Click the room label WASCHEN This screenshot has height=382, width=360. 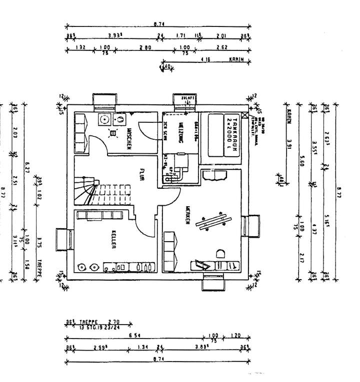point(129,139)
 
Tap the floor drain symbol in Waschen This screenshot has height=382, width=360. point(112,132)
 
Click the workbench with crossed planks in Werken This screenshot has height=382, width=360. point(214,222)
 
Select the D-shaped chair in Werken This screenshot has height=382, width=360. point(220,253)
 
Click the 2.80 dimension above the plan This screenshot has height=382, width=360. point(146,48)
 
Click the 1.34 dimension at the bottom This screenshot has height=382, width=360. point(143,348)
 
